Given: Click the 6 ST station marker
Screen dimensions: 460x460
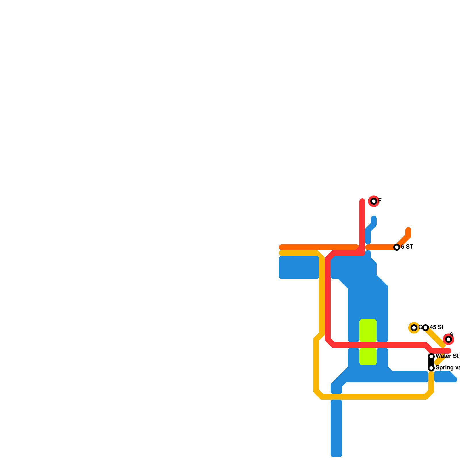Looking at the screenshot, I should pyautogui.click(x=397, y=247).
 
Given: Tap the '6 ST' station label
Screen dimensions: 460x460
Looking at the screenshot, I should pyautogui.click(x=407, y=247).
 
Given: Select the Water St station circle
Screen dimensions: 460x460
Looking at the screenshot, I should pyautogui.click(x=431, y=356).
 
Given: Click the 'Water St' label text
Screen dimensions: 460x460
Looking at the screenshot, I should pyautogui.click(x=447, y=356).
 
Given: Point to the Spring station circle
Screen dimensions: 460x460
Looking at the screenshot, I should pyautogui.click(x=431, y=368).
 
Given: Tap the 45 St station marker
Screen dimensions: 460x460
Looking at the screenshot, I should pyautogui.click(x=426, y=328).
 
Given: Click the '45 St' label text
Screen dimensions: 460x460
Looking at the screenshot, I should pyautogui.click(x=437, y=327).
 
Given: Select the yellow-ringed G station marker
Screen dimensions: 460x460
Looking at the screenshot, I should pyautogui.click(x=414, y=328).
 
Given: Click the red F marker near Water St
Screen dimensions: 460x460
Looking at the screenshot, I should pyautogui.click(x=448, y=340).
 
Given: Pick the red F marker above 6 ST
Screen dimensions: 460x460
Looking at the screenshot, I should pyautogui.click(x=374, y=201).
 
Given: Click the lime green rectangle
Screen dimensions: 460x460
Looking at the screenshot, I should pyautogui.click(x=368, y=342).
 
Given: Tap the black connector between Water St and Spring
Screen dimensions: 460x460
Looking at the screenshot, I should pyautogui.click(x=431, y=362).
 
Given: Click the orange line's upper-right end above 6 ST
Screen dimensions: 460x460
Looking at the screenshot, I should pyautogui.click(x=408, y=230).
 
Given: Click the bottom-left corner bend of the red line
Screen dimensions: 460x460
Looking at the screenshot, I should pyautogui.click(x=330, y=343).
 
